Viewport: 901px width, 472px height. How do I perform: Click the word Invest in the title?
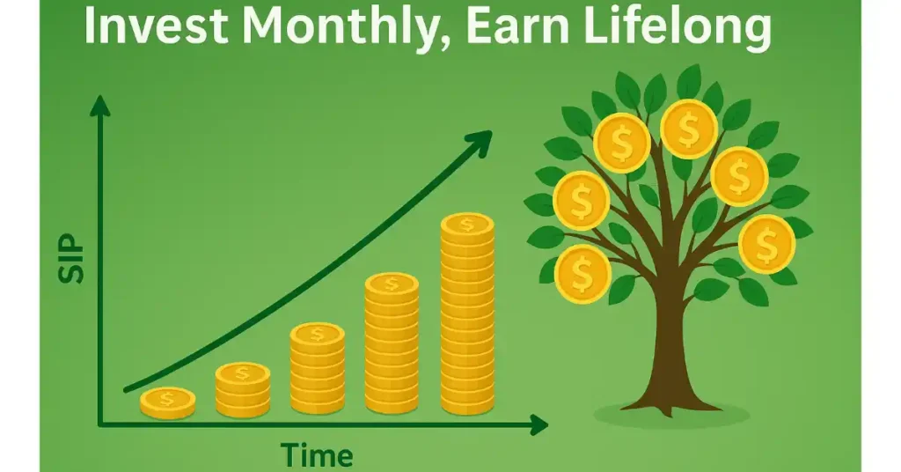156,26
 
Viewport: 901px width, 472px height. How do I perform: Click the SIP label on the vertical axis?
71,258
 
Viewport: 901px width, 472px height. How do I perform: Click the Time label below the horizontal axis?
317,455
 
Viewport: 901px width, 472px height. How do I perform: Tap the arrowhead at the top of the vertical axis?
100,106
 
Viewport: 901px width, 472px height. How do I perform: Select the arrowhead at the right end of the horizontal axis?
538,424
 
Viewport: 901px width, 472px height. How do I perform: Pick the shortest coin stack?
168,402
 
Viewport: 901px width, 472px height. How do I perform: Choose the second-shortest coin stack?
243,389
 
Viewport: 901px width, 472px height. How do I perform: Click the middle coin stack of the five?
317,368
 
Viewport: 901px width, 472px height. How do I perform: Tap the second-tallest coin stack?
392,343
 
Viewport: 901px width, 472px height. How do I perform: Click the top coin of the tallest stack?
467,225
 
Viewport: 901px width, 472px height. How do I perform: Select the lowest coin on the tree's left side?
582,274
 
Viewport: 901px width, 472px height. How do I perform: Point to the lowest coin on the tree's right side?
766,244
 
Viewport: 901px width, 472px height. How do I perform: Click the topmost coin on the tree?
688,129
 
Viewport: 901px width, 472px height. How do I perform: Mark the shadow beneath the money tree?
671,415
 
